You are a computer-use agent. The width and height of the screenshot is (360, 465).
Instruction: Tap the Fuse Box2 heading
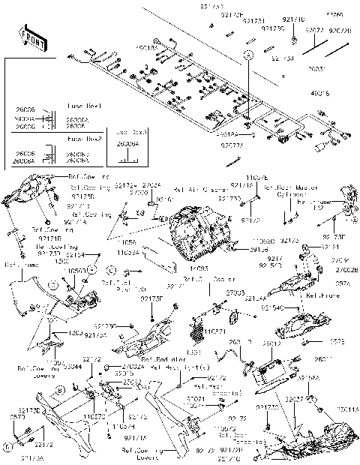(83, 139)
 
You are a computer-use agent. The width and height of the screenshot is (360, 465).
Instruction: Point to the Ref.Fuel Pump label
(143, 283)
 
